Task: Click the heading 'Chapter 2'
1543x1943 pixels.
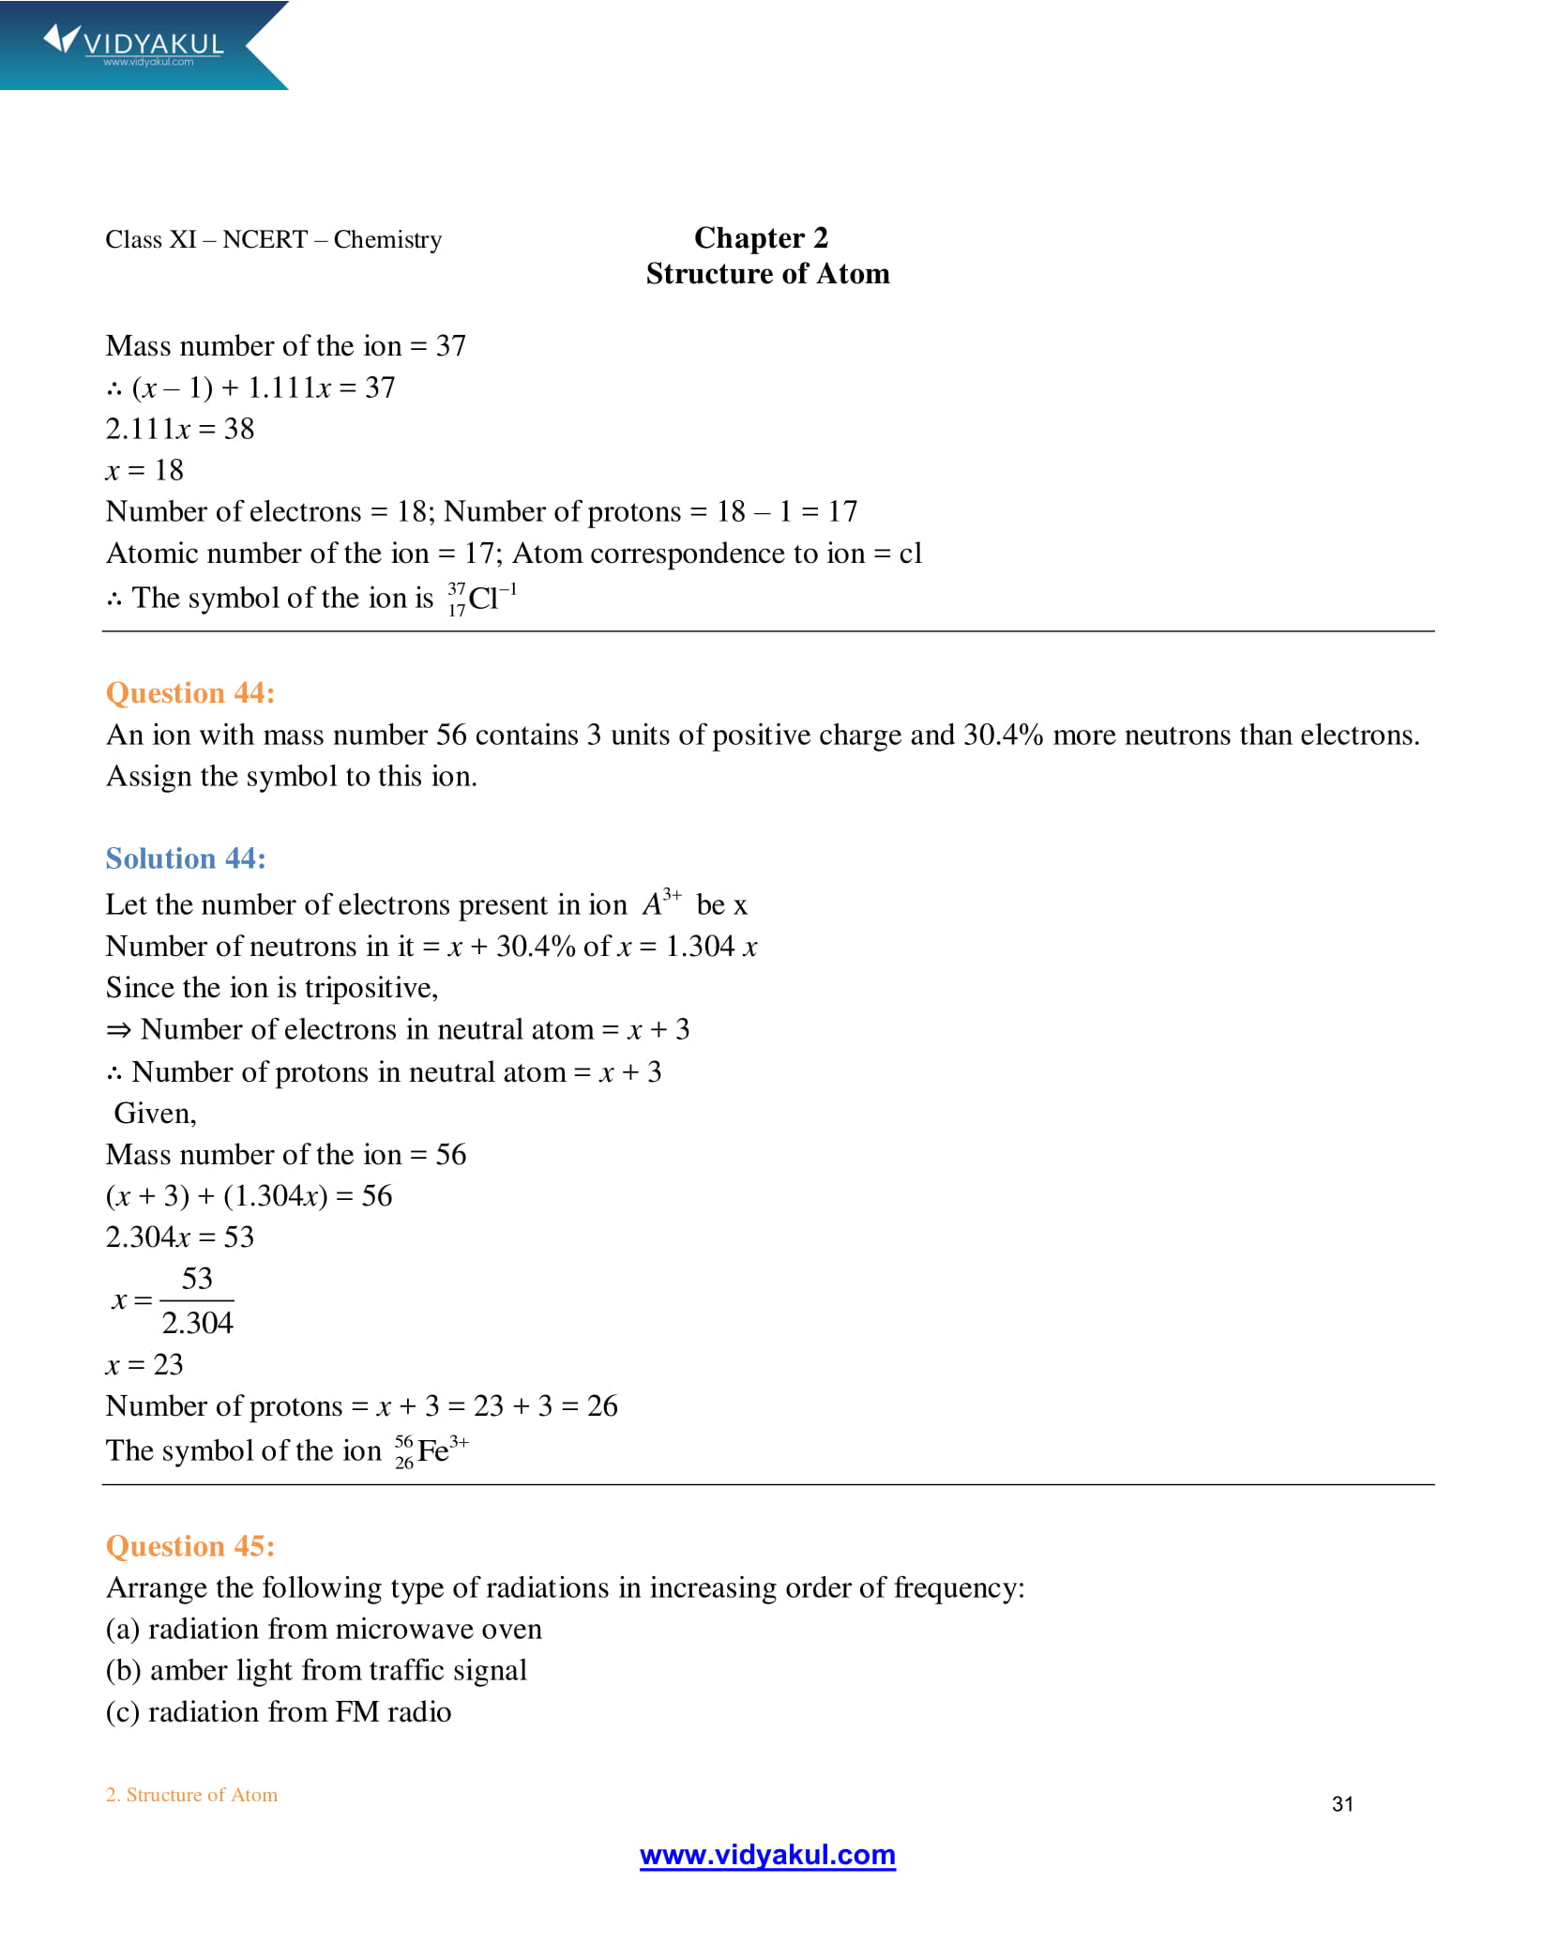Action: click(761, 238)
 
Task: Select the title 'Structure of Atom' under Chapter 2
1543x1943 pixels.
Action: click(767, 274)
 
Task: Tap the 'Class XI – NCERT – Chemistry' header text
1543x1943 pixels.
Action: click(273, 240)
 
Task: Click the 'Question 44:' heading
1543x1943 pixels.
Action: click(189, 693)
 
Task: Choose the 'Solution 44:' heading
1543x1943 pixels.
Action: click(186, 858)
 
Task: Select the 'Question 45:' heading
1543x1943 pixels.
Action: click(189, 1546)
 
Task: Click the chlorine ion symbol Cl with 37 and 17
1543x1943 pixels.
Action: click(482, 599)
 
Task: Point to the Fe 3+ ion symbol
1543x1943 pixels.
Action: click(431, 1450)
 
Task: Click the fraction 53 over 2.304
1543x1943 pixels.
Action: click(197, 1300)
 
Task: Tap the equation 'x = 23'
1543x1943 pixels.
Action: click(144, 1365)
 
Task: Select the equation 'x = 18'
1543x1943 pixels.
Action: click(144, 470)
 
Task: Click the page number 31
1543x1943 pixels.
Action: click(1342, 1804)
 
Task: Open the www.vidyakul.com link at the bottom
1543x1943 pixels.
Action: click(767, 1855)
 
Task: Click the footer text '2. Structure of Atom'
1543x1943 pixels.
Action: click(191, 1795)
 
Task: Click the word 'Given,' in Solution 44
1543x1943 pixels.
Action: click(155, 1114)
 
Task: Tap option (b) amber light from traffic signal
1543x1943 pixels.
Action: click(316, 1671)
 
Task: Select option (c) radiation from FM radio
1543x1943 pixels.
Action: click(279, 1712)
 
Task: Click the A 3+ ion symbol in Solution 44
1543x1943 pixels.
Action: click(661, 903)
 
